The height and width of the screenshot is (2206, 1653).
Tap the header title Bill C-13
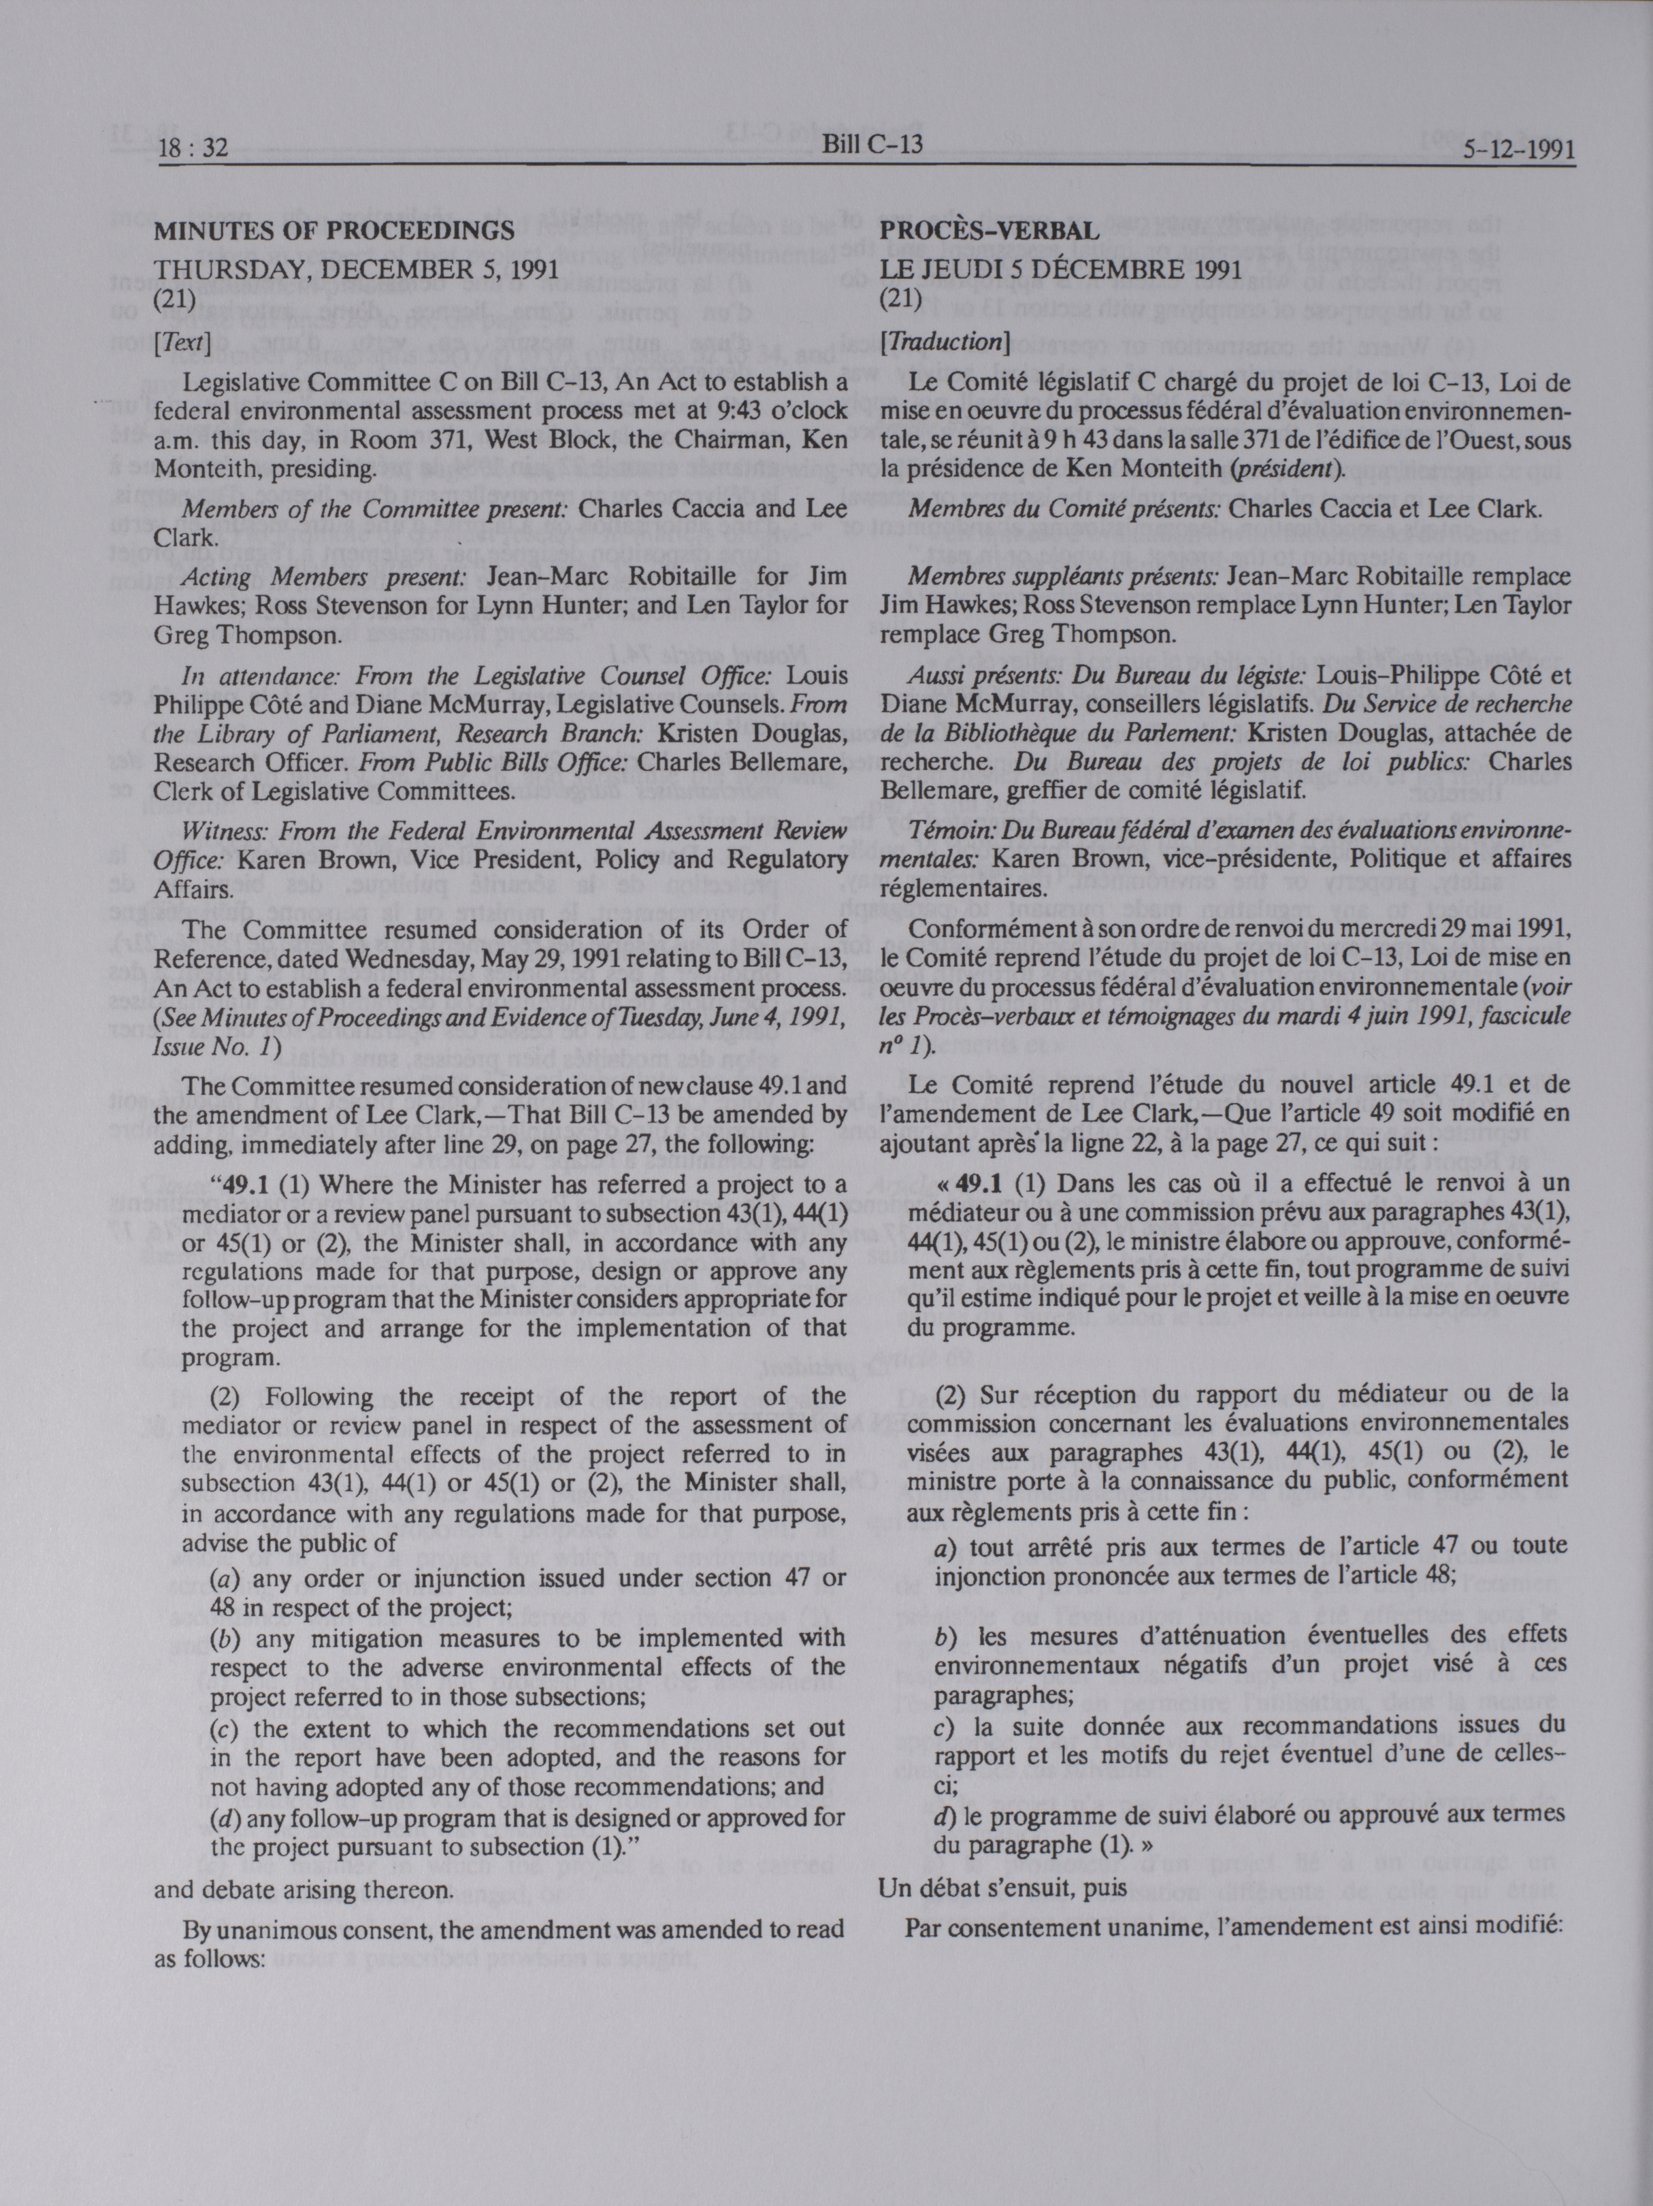click(872, 145)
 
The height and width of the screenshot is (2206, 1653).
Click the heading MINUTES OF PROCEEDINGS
click(333, 231)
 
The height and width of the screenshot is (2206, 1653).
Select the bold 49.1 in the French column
click(978, 1184)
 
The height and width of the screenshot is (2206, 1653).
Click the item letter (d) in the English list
click(225, 1817)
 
